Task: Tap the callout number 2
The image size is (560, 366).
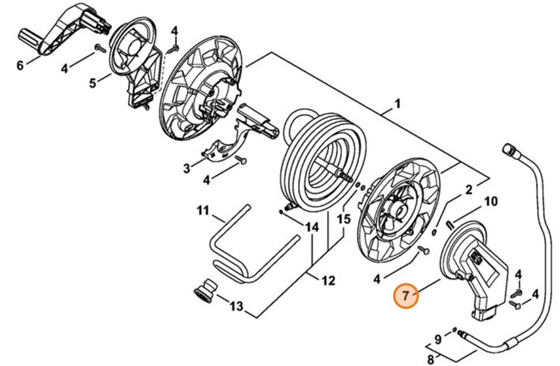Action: tap(468, 189)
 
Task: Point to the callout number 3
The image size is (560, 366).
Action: tap(187, 168)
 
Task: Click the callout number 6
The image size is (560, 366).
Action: tap(20, 65)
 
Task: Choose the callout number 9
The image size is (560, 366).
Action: tap(437, 337)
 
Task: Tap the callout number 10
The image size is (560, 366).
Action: tap(490, 202)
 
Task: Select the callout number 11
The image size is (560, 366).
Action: tap(203, 209)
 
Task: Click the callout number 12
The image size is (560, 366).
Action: tap(327, 280)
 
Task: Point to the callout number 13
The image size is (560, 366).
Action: tap(236, 307)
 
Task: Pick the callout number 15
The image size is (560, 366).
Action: tap(344, 219)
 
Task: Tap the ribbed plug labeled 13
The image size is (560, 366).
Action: tap(204, 290)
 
